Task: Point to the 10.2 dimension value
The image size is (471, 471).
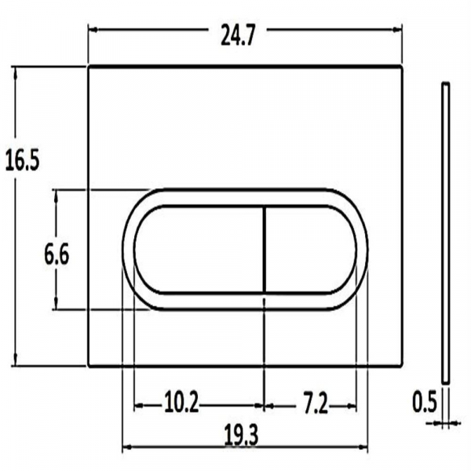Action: click(x=181, y=404)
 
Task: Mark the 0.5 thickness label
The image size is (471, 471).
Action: click(x=424, y=403)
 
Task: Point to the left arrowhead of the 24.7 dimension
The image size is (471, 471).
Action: click(x=91, y=31)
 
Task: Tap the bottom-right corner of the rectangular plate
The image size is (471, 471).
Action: click(x=403, y=366)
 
